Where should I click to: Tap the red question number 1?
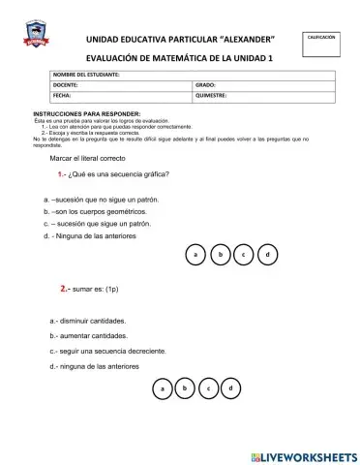pos(61,174)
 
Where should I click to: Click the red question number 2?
pos(64,289)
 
